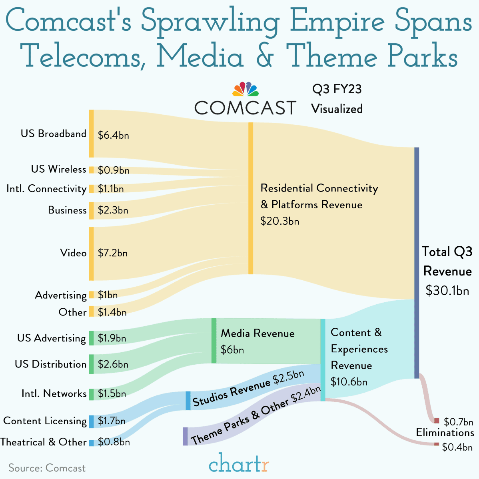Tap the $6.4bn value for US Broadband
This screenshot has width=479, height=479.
[x=113, y=135]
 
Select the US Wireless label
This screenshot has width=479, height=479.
[x=58, y=169]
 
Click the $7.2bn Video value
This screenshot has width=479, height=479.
[x=113, y=253]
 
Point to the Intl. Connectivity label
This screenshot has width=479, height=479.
[x=46, y=189]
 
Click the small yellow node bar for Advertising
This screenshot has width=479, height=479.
[x=92, y=295]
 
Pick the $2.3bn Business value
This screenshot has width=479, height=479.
[x=113, y=210]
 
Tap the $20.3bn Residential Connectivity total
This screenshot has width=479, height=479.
[x=279, y=221]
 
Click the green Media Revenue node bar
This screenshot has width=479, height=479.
[x=214, y=341]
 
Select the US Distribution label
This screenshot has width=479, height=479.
[x=50, y=364]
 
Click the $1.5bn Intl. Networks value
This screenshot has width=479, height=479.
[x=112, y=393]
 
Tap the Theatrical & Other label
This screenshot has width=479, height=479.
[x=43, y=442]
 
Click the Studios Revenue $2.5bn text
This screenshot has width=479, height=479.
[x=248, y=389]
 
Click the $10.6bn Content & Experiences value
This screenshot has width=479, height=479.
[x=349, y=382]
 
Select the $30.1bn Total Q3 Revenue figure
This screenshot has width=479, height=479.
[x=447, y=291]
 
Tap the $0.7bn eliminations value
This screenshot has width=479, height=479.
[x=458, y=422]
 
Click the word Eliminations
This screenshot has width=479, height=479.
[x=445, y=433]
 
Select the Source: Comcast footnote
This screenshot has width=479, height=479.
[x=47, y=468]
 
